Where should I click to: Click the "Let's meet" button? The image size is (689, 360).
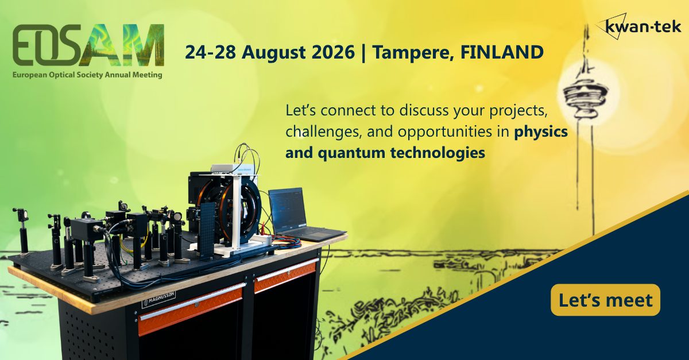605,300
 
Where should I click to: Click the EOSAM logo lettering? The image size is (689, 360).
88,45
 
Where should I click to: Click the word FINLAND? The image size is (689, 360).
502,52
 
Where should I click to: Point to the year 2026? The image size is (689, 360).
334,52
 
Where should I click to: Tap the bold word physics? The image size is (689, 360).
541,132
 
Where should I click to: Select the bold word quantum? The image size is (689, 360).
351,153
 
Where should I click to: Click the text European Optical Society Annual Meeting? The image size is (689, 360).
87,75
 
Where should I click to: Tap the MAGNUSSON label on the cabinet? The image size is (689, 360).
158,299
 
